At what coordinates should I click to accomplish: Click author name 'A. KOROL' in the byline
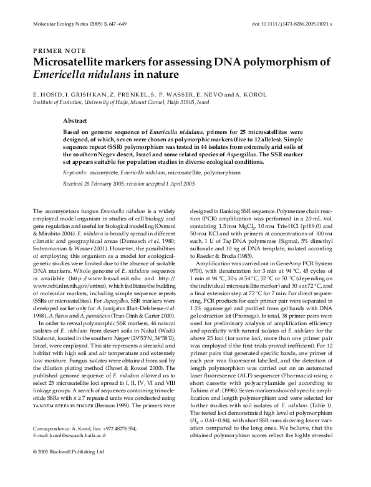pos(244,92)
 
